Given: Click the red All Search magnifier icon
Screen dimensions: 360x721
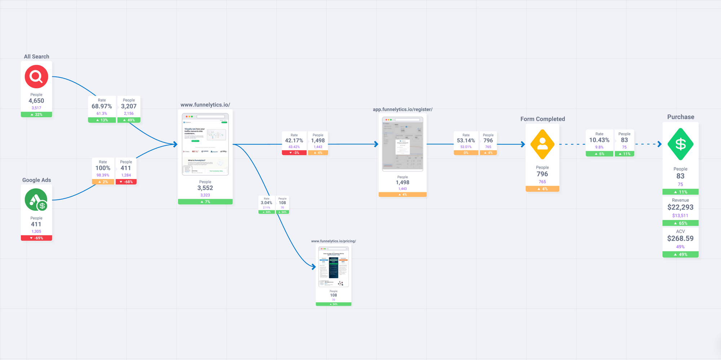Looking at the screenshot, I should pyautogui.click(x=36, y=76).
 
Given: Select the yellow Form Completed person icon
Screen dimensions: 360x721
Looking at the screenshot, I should pyautogui.click(x=542, y=144).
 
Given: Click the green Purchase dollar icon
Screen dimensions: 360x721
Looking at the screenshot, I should pyautogui.click(x=680, y=144).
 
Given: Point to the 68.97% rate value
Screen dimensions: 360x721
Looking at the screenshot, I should pyautogui.click(x=102, y=106).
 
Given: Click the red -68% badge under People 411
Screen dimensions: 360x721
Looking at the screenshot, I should pyautogui.click(x=126, y=182).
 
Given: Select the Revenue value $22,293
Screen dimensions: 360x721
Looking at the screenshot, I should pyautogui.click(x=680, y=207).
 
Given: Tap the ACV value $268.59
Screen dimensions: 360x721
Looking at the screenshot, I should pyautogui.click(x=680, y=238).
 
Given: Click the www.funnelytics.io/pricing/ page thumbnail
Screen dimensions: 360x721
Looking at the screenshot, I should pyautogui.click(x=333, y=267).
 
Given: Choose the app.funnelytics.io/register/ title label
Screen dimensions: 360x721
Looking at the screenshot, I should pyautogui.click(x=402, y=109).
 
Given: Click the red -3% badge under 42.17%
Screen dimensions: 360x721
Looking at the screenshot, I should pyautogui.click(x=294, y=153).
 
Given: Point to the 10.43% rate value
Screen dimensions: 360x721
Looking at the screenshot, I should pyautogui.click(x=599, y=140).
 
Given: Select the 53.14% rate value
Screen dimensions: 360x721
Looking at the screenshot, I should pyautogui.click(x=466, y=141).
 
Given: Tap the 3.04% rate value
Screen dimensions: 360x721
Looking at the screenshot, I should pyautogui.click(x=266, y=203).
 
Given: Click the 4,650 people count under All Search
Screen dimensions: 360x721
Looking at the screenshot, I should pyautogui.click(x=36, y=101).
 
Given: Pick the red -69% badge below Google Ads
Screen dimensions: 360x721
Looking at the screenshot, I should pyautogui.click(x=36, y=238).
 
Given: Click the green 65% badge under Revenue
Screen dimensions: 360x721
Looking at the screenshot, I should pyautogui.click(x=680, y=223).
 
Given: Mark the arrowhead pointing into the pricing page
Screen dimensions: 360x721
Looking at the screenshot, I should pyautogui.click(x=314, y=267).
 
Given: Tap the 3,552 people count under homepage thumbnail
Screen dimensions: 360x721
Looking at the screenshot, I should pyautogui.click(x=205, y=188).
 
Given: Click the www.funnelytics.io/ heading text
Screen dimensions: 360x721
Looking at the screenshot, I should pyautogui.click(x=205, y=105).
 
